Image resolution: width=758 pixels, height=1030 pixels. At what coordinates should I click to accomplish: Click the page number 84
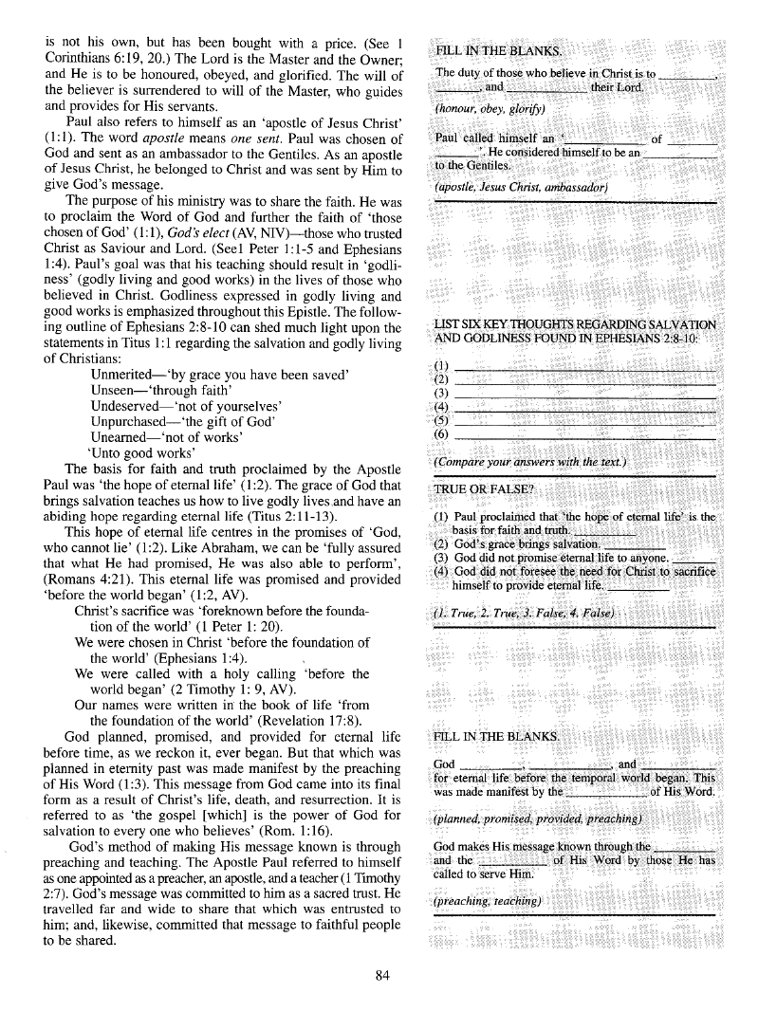coord(382,979)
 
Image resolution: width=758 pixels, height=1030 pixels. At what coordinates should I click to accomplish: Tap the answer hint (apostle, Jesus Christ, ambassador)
coord(521,186)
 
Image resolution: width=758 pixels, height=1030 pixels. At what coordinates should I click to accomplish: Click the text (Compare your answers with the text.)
coord(529,461)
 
